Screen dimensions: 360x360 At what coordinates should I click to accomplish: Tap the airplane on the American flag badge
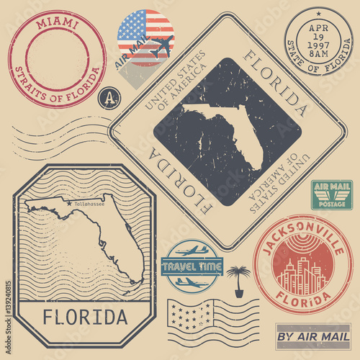click(161, 45)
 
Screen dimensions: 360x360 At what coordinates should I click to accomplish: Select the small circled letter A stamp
click(108, 97)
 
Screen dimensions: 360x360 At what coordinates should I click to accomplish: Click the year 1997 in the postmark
click(318, 42)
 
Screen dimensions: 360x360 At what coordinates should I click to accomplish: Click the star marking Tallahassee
click(69, 204)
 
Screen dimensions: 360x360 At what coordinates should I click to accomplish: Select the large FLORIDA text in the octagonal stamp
click(84, 315)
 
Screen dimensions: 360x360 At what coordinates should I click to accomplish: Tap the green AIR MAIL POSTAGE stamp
click(331, 194)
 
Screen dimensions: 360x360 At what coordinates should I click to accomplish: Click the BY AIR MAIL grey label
click(312, 336)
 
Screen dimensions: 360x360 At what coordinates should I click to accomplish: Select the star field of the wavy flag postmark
click(181, 315)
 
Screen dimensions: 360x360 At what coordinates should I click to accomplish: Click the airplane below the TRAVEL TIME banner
click(190, 282)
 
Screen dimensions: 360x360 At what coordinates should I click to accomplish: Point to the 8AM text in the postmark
click(318, 52)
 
